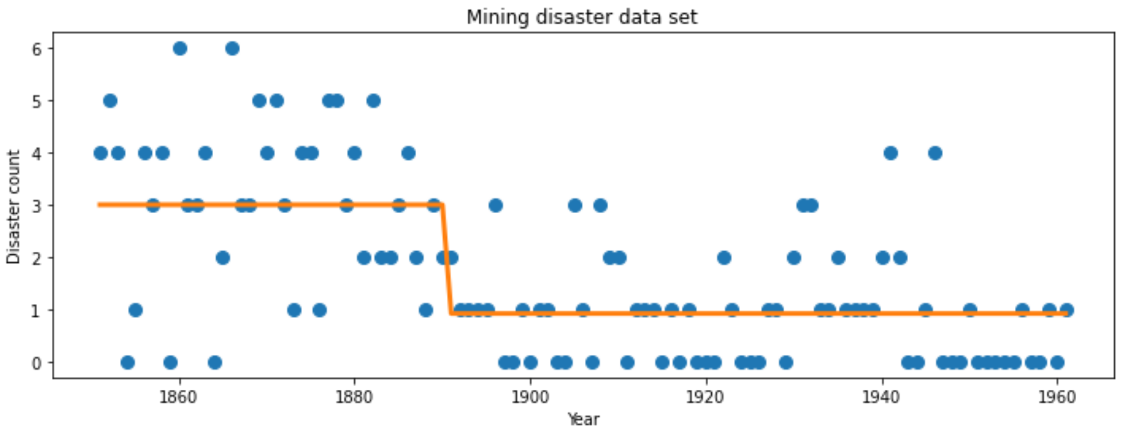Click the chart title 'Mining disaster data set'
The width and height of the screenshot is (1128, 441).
pyautogui.click(x=582, y=17)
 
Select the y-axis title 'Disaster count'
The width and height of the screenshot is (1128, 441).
pyautogui.click(x=14, y=207)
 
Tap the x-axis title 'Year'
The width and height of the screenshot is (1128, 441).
pyautogui.click(x=583, y=420)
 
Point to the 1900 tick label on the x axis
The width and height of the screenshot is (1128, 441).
pyautogui.click(x=530, y=397)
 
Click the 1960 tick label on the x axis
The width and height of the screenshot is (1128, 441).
pyautogui.click(x=1057, y=397)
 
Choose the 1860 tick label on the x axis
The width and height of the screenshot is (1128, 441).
pyautogui.click(x=178, y=397)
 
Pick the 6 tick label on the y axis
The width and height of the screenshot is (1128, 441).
pyautogui.click(x=37, y=49)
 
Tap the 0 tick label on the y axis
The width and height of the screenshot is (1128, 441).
pyautogui.click(x=37, y=363)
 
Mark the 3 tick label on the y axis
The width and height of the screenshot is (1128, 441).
pyautogui.click(x=37, y=206)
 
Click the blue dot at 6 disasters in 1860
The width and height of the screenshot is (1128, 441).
pyautogui.click(x=180, y=49)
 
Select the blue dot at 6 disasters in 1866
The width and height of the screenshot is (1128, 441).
pyautogui.click(x=233, y=49)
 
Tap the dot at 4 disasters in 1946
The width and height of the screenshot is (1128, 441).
pyautogui.click(x=935, y=153)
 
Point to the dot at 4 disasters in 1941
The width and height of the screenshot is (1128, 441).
pyautogui.click(x=891, y=153)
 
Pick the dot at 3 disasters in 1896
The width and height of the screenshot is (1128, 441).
pyautogui.click(x=495, y=206)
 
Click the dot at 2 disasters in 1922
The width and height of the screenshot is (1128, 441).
pyautogui.click(x=724, y=258)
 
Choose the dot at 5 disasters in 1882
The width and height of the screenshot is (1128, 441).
pyautogui.click(x=373, y=100)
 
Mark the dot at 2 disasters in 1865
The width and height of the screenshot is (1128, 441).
pyautogui.click(x=223, y=258)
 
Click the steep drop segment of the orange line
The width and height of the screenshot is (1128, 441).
pyautogui.click(x=447, y=259)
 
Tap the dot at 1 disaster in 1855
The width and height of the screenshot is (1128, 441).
pyautogui.click(x=136, y=310)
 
